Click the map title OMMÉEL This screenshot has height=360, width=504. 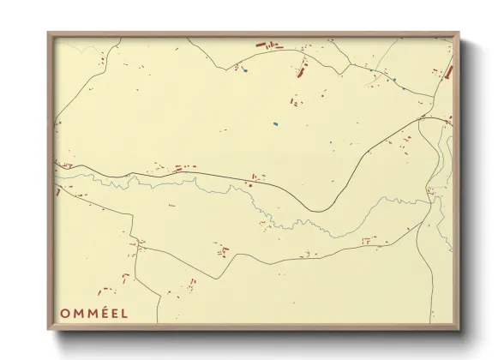click(x=93, y=313)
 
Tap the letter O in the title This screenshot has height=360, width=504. click(x=65, y=313)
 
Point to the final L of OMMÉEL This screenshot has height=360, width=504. click(x=125, y=313)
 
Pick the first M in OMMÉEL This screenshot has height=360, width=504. click(x=78, y=313)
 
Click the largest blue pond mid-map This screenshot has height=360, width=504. click(x=275, y=124)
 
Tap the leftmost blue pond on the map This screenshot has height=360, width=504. click(x=244, y=71)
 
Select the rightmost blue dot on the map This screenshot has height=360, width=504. click(x=394, y=80)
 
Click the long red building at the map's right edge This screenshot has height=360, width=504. click(x=447, y=73)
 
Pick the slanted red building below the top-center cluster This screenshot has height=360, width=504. click(x=301, y=71)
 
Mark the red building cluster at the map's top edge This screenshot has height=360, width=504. click(x=268, y=43)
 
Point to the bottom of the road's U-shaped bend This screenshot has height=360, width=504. click(x=318, y=211)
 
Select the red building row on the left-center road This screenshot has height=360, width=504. click(x=182, y=168)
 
